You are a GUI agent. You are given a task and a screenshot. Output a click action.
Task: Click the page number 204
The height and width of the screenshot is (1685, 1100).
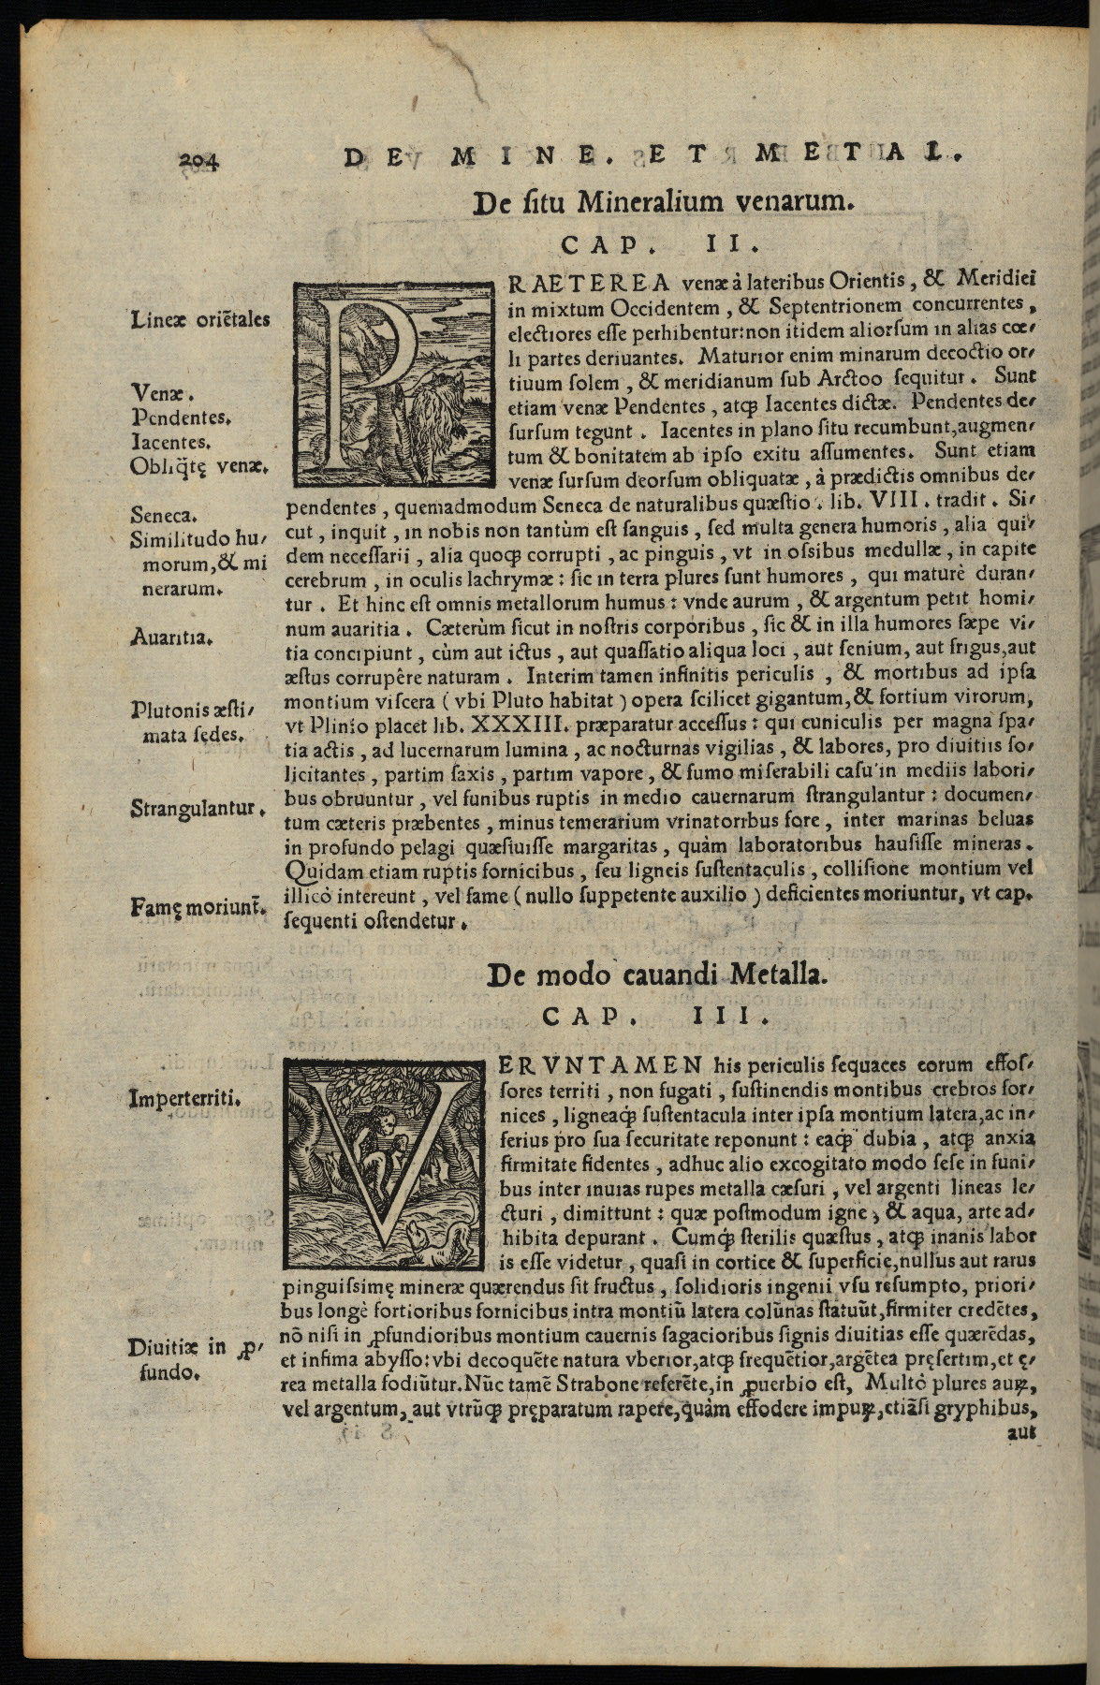tap(198, 159)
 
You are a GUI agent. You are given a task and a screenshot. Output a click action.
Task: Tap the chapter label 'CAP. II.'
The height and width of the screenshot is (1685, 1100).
tap(664, 244)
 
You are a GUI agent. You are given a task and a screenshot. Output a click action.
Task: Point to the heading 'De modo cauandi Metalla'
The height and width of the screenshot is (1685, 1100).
tap(658, 975)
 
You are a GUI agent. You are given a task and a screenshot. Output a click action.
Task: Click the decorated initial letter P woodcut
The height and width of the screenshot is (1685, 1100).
tap(393, 385)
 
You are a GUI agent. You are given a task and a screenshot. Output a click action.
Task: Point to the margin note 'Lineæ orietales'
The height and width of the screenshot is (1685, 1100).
tap(200, 319)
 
